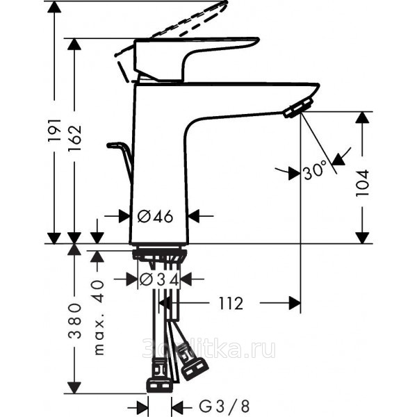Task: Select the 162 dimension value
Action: (75, 138)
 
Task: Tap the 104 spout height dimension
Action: (363, 183)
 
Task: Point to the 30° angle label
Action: (315, 171)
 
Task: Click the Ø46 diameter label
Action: (155, 216)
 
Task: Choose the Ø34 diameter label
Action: (159, 279)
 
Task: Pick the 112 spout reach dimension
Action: (231, 304)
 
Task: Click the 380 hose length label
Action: (75, 320)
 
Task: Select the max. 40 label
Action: (99, 318)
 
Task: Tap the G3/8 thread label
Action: (224, 407)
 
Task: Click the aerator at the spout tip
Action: (298, 108)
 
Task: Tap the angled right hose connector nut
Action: (193, 368)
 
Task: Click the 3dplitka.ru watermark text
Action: (208, 348)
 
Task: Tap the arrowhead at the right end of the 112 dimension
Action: (295, 304)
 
